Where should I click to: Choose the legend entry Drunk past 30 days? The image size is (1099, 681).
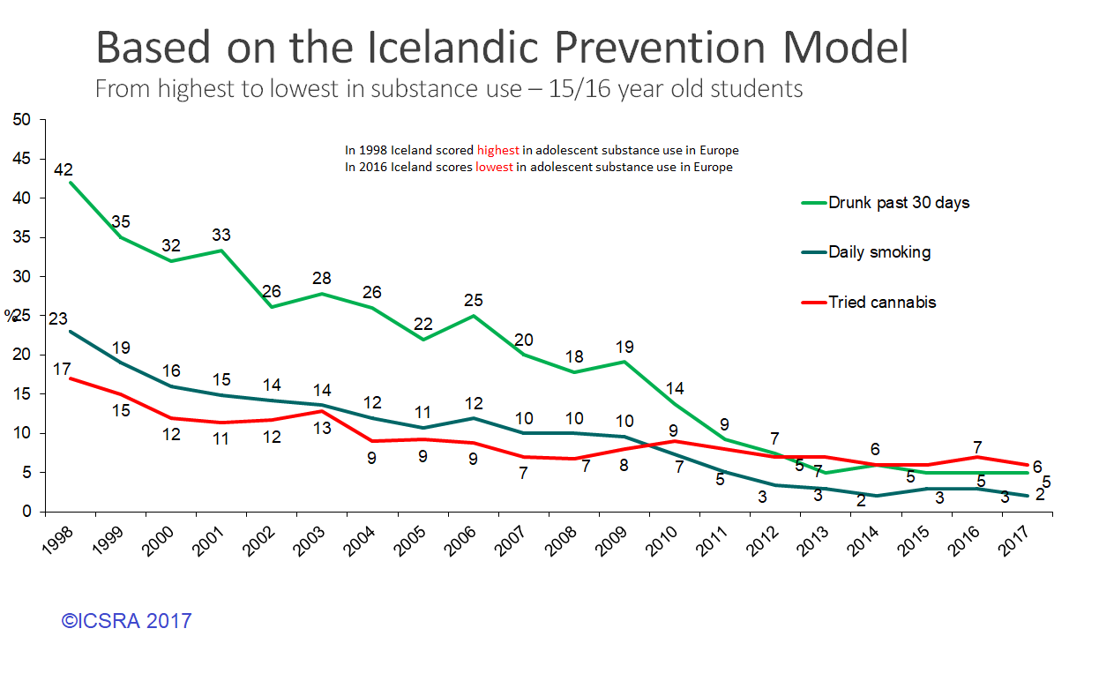898,203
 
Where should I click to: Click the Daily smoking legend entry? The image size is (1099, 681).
878,252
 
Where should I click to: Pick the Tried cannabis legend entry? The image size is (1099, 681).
881,303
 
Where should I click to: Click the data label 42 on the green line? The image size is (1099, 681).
63,169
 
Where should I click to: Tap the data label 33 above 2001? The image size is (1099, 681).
221,236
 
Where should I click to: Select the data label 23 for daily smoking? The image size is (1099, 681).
58,319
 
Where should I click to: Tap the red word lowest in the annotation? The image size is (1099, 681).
493,167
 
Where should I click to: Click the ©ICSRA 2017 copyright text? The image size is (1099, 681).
126,621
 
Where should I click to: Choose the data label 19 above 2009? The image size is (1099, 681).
625,347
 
